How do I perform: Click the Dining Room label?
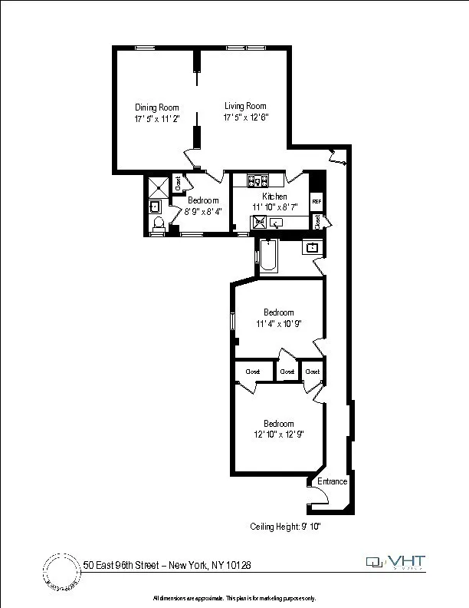pos(156,107)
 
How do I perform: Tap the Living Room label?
pos(245,106)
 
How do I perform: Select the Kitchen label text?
pos(274,197)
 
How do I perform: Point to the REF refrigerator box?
pos(316,201)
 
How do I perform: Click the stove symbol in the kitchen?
pos(257,181)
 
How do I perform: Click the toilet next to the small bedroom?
pos(159,223)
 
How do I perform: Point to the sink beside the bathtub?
pos(312,247)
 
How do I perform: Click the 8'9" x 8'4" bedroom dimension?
pos(203,212)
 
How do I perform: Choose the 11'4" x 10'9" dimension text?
pos(279,324)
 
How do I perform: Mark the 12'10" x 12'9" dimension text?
pos(279,435)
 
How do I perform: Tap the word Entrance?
pos(333,481)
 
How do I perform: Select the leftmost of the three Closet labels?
pos(252,372)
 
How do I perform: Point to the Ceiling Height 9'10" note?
pos(290,527)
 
